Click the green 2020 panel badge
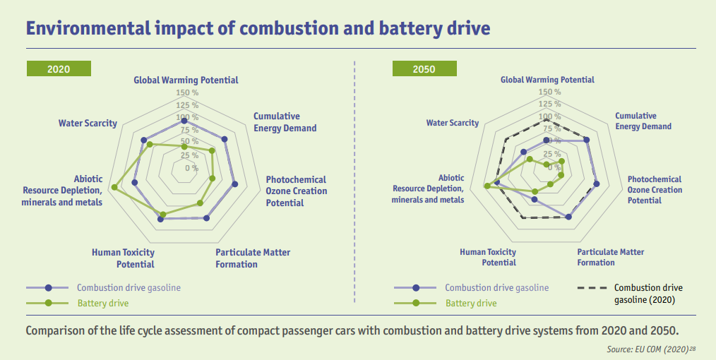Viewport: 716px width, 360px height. click(59, 69)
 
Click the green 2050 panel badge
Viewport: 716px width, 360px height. click(424, 69)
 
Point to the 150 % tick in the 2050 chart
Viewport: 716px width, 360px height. click(549, 92)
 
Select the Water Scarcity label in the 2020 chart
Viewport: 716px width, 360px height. click(88, 124)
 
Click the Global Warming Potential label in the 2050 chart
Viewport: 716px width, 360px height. click(547, 80)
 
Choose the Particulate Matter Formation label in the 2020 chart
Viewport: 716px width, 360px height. click(253, 258)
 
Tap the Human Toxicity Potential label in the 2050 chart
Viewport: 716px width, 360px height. click(488, 257)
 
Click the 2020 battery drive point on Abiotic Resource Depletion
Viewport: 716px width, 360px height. click(114, 188)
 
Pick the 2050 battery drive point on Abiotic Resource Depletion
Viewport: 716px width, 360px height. click(487, 186)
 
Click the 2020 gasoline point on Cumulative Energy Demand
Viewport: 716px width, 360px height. click(225, 139)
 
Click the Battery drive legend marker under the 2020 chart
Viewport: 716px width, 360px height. click(47, 303)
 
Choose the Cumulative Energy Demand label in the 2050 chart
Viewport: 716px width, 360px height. click(643, 121)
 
